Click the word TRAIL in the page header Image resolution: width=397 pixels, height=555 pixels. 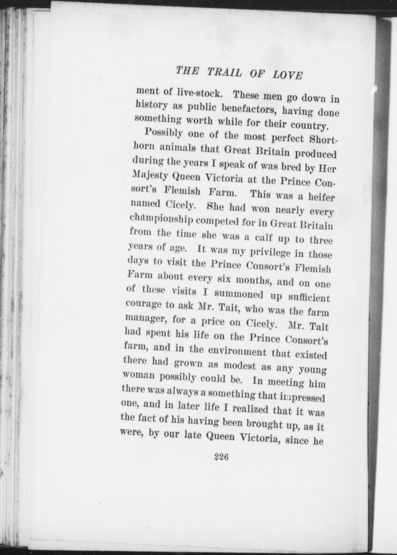224,72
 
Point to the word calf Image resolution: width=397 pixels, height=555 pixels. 264,237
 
